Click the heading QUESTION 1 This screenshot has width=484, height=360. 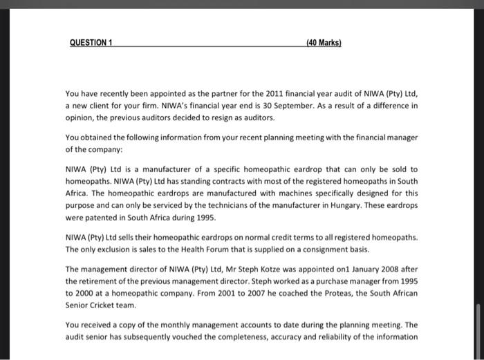[x=92, y=42]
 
